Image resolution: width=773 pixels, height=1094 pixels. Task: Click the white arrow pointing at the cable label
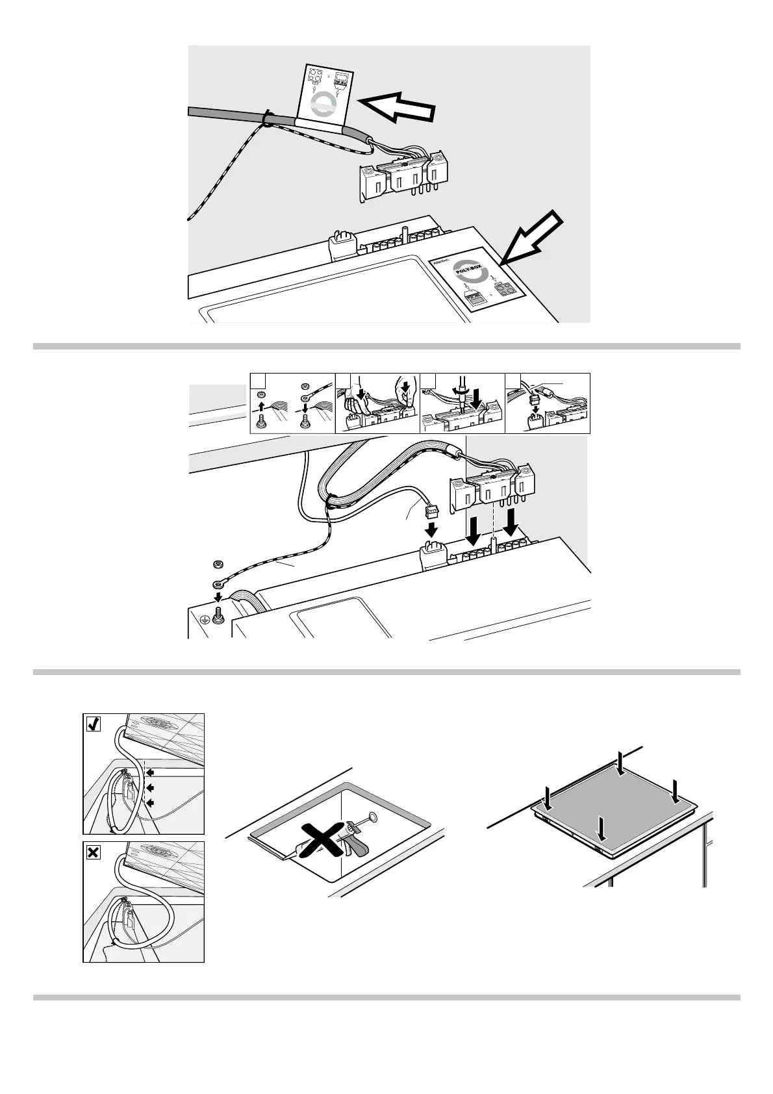click(x=396, y=107)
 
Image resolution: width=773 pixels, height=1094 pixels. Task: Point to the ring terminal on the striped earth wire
click(x=217, y=583)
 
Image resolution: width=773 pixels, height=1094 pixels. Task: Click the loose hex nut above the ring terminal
click(x=218, y=563)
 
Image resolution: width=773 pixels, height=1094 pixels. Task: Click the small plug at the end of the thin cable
click(x=429, y=511)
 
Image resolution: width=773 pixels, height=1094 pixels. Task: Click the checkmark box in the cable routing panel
click(x=93, y=724)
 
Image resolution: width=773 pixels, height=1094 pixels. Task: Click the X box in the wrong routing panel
click(x=93, y=852)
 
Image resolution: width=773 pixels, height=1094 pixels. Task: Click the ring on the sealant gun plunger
click(x=374, y=817)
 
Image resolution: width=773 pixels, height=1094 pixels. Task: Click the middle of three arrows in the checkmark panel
click(x=149, y=787)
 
